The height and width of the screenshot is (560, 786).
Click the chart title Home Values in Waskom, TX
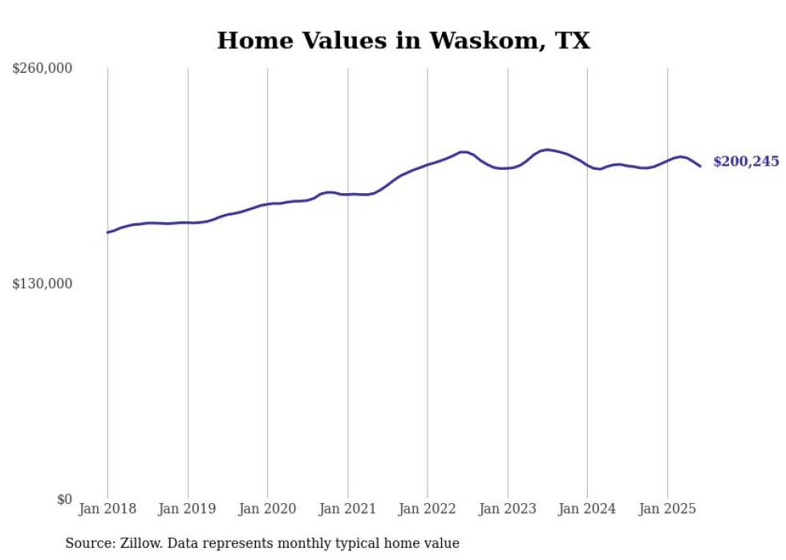click(x=403, y=41)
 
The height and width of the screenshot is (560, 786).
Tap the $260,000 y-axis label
click(x=43, y=69)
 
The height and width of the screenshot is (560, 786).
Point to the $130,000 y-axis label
click(x=43, y=284)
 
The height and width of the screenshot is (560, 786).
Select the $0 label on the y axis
click(x=64, y=500)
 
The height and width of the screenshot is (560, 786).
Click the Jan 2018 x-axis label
click(x=107, y=509)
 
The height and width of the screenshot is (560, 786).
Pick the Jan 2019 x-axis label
click(x=188, y=509)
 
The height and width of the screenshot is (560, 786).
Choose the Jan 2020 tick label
click(x=268, y=509)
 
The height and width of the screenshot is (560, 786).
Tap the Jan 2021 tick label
click(x=348, y=509)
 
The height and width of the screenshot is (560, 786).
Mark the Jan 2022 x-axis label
click(x=427, y=509)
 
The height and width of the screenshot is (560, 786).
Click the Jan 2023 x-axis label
click(x=508, y=509)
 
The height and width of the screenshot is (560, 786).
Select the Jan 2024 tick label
click(x=588, y=509)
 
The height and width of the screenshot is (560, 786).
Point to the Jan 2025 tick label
click(x=667, y=509)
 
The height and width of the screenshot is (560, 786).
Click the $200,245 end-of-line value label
click(x=746, y=162)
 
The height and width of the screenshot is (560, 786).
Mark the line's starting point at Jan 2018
click(x=107, y=232)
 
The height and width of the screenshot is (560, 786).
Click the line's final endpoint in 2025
click(x=700, y=166)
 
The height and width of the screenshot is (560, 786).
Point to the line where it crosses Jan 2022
click(x=427, y=164)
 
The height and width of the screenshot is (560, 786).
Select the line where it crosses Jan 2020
click(x=268, y=204)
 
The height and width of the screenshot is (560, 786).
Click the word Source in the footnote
click(x=88, y=544)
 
